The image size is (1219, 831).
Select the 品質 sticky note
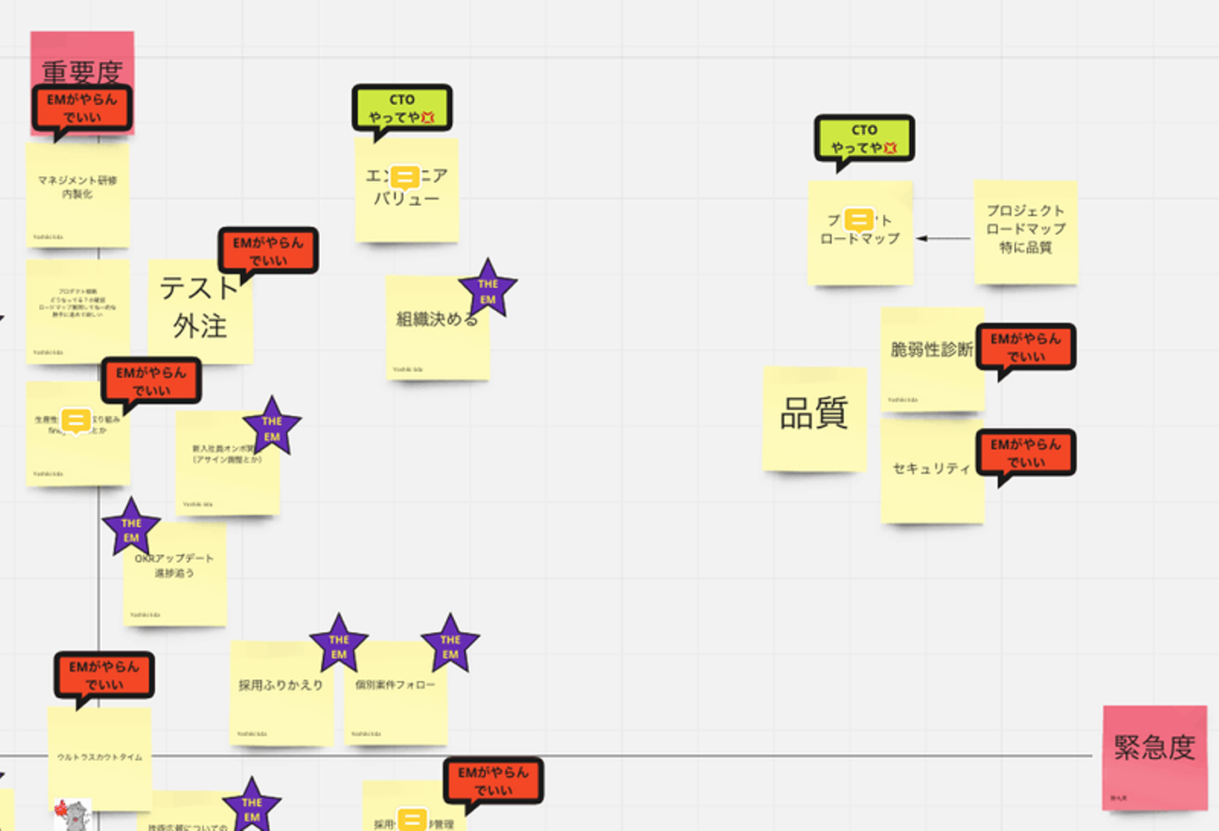(814, 417)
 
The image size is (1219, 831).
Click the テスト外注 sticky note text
(200, 307)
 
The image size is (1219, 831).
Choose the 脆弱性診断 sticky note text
(930, 349)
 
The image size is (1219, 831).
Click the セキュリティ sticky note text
(931, 468)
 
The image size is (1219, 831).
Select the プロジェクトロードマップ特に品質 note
(1025, 230)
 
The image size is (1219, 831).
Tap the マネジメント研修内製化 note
(77, 188)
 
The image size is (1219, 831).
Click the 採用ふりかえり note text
(280, 685)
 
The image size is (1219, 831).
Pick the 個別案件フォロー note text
(394, 684)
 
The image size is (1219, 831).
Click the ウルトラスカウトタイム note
(99, 756)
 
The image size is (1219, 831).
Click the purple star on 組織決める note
(488, 291)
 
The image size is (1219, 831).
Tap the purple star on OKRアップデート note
(131, 529)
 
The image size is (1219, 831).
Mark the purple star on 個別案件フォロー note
(450, 645)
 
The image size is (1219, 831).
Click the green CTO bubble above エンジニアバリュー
(402, 108)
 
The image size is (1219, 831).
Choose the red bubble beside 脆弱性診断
(1025, 347)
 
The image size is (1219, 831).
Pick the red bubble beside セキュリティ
(1025, 453)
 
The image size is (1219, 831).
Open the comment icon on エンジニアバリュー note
(405, 178)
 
